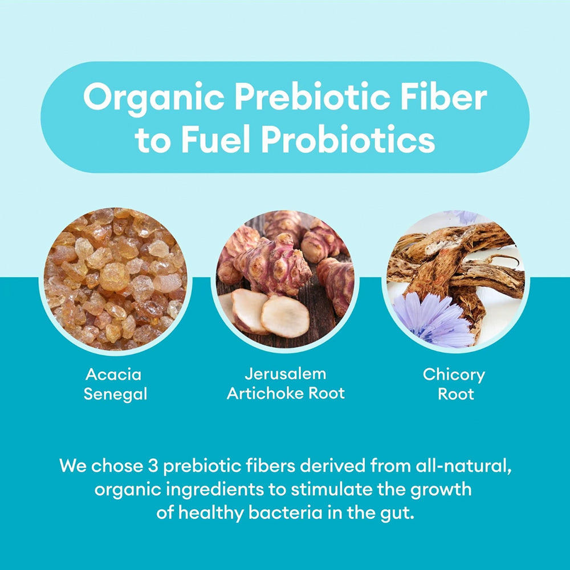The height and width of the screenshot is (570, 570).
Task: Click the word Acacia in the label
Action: [x=113, y=374]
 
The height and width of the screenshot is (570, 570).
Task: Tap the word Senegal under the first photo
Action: [x=115, y=394]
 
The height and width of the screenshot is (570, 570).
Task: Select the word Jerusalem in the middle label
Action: [x=286, y=374]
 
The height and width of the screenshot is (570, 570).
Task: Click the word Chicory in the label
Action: [x=454, y=374]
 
